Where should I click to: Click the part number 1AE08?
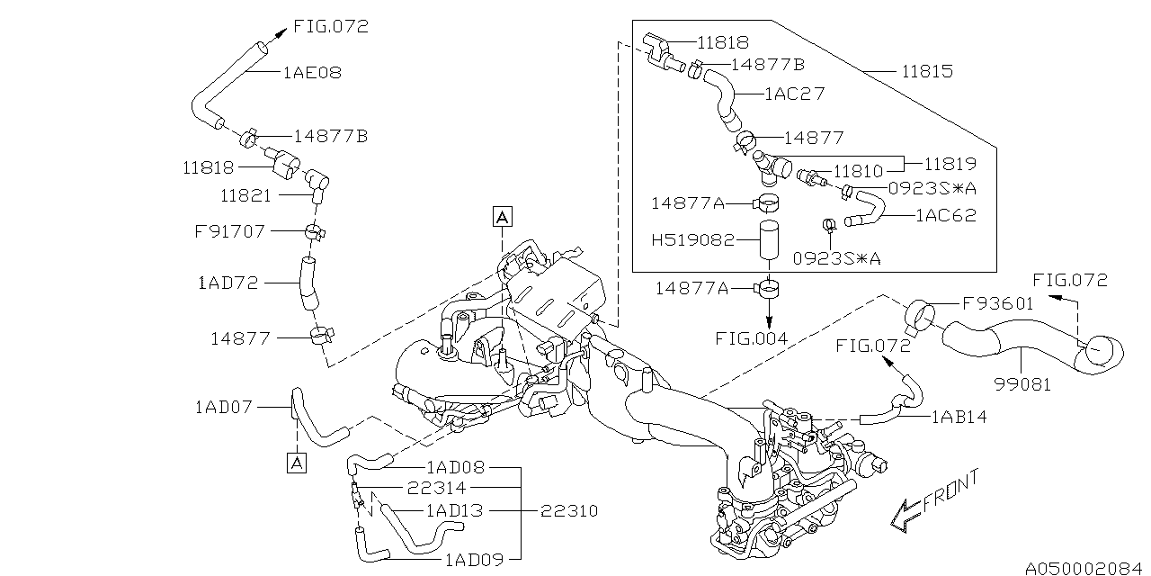click(312, 72)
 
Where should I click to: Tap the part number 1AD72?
click(228, 283)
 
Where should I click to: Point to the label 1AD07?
click(225, 408)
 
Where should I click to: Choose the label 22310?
click(569, 510)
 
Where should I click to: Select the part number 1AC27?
click(794, 93)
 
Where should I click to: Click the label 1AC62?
click(945, 216)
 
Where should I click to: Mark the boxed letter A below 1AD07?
click(295, 463)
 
